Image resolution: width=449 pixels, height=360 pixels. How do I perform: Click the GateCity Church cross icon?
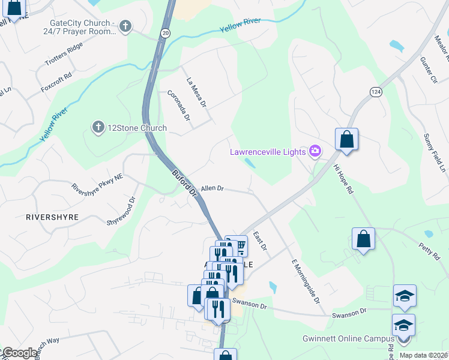point(125,26)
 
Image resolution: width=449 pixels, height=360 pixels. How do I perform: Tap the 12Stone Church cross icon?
point(98,127)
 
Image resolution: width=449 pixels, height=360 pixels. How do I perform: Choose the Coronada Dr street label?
point(179,107)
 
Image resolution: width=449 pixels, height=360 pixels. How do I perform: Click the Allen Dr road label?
point(212,188)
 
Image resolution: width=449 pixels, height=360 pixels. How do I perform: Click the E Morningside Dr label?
point(306,282)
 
